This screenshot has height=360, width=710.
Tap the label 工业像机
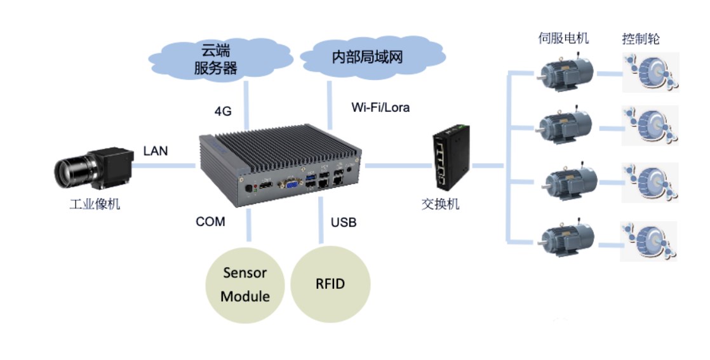[95, 204]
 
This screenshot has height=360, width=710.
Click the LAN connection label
[156, 150]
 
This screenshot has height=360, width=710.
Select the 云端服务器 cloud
[220, 60]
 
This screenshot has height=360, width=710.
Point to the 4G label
[223, 111]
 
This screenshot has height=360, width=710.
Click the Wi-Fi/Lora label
[380, 107]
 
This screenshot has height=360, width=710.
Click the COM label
[210, 222]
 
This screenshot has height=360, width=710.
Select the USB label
[343, 222]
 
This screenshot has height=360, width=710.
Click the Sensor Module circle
[245, 285]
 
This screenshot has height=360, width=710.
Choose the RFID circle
[330, 284]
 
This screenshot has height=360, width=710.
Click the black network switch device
[451, 157]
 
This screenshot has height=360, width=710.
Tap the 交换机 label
[440, 204]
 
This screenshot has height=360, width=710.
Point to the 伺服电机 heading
[563, 38]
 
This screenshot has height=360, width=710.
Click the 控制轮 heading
[640, 39]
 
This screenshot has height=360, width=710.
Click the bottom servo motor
[566, 239]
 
